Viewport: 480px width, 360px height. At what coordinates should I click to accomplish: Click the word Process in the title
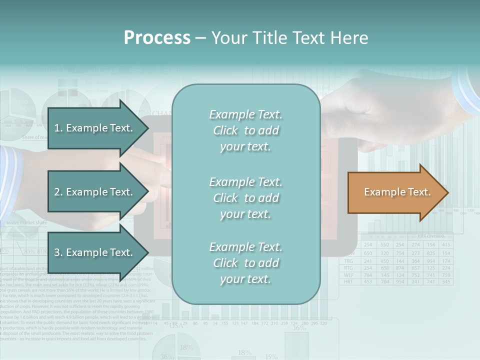(x=157, y=38)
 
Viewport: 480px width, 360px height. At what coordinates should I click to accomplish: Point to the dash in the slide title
(x=201, y=38)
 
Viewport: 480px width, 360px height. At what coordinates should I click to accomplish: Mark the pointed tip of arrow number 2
(x=148, y=192)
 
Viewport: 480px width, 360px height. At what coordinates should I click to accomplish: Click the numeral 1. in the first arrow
(x=58, y=128)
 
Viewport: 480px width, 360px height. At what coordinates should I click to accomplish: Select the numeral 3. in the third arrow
(x=58, y=252)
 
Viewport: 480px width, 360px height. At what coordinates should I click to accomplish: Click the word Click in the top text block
(x=225, y=130)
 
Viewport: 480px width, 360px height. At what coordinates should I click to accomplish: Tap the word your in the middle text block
(x=230, y=214)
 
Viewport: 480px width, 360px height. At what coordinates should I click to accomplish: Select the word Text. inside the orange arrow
(x=419, y=192)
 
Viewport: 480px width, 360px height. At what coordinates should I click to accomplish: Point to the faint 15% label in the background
(x=271, y=356)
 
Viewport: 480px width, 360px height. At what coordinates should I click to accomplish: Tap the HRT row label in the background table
(x=349, y=282)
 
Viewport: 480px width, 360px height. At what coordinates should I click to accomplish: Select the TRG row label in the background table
(x=349, y=260)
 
